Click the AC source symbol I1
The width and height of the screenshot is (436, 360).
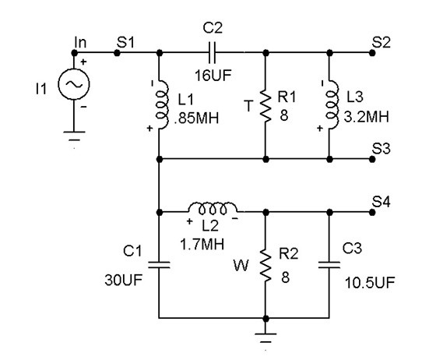coord(74,83)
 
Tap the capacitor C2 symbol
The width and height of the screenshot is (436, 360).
coord(212,52)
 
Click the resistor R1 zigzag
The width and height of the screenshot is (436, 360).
coord(265,106)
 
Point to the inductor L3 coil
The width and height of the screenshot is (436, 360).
coord(332,105)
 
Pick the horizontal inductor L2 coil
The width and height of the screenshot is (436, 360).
coord(213,208)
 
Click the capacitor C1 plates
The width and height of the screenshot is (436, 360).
coord(159,265)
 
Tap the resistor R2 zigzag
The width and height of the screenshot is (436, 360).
coord(265,266)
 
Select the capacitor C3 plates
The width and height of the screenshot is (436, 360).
coord(329,265)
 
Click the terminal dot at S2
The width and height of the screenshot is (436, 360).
coord(372,52)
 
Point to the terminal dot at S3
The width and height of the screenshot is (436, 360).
coord(372,159)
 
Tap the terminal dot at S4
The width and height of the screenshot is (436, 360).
coord(372,212)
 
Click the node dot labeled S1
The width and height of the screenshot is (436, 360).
coord(117,52)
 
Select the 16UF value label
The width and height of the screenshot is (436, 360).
coord(213,76)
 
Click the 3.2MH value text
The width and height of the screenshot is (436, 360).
coord(366,117)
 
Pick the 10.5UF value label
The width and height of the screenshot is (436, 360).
coord(370,283)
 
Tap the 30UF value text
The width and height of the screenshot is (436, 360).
coord(124,280)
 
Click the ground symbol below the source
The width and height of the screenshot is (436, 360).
coord(74,136)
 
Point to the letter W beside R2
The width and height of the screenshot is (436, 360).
coord(241,266)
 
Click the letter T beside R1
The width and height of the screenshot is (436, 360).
coord(248,106)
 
